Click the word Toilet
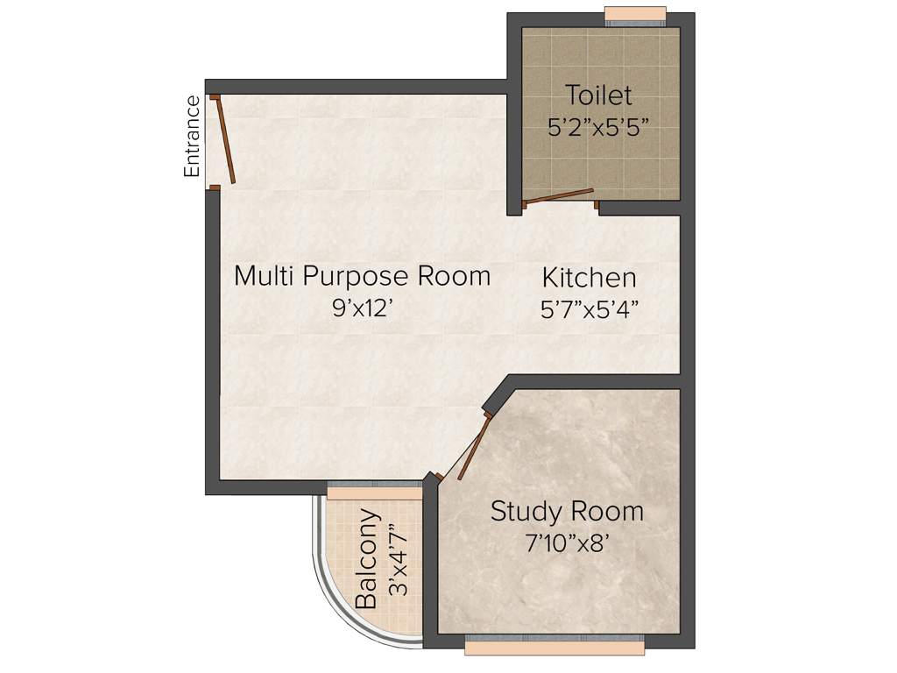598,95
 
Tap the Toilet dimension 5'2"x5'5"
598,126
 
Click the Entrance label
192,137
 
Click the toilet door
559,196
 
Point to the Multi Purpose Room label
362,276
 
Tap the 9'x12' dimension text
362,308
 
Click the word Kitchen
589,279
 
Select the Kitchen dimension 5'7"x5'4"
589,309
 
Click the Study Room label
567,511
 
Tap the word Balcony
367,558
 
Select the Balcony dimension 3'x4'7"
399,558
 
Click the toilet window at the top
635,15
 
